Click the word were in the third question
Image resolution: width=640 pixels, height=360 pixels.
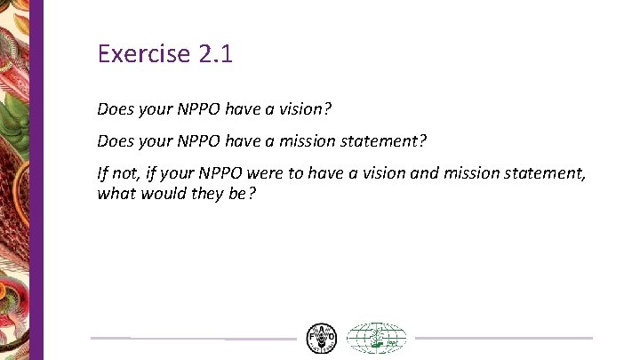coord(283,172)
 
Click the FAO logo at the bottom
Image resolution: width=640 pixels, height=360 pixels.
coord(322,338)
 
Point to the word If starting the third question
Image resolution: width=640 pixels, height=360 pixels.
coord(103,172)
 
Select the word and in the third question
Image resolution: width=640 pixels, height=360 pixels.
coord(425,172)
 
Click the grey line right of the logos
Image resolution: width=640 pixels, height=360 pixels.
coord(503,338)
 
